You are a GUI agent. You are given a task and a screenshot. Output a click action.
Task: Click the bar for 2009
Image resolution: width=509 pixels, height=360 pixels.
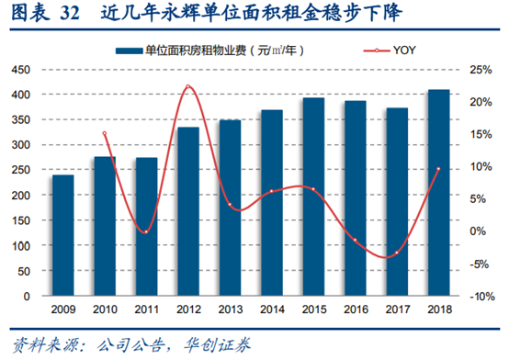[x=63, y=235]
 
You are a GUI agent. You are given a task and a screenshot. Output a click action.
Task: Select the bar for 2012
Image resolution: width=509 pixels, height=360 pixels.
[x=188, y=211]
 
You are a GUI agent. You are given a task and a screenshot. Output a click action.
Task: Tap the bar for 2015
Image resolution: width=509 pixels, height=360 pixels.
[x=313, y=197]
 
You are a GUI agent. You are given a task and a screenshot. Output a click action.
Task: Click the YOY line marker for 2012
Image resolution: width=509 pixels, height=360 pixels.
[x=188, y=86]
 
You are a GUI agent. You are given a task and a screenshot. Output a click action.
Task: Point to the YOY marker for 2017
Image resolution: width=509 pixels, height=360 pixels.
[x=397, y=253]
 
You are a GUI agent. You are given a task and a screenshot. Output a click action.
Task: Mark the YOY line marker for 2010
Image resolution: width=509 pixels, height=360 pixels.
[x=105, y=134]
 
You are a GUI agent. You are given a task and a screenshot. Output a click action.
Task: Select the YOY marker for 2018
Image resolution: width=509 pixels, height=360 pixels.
[x=438, y=169]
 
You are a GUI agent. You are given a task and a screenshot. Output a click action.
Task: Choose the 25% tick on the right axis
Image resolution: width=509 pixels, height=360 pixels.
[x=478, y=70]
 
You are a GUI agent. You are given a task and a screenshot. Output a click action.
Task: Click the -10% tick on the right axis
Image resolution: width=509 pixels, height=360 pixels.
[x=478, y=297]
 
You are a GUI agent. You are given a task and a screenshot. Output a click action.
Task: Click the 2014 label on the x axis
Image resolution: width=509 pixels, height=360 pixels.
[x=272, y=309]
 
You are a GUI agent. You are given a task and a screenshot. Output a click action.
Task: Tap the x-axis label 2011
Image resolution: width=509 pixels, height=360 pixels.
[x=147, y=309]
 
